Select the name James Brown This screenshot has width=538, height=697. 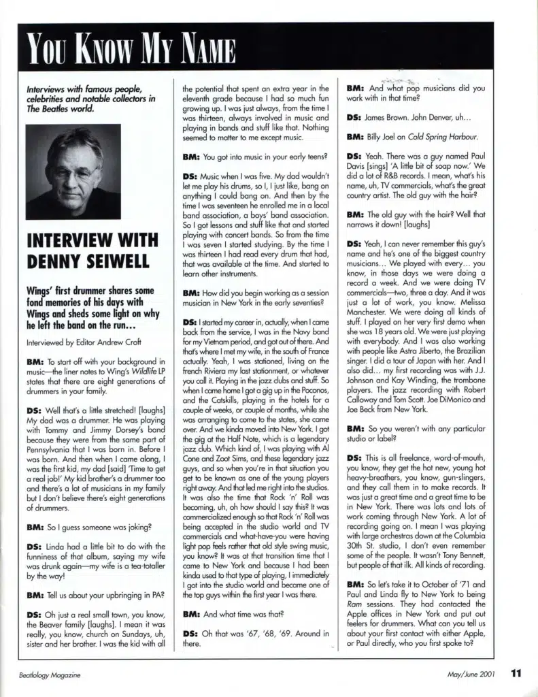[388, 117]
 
